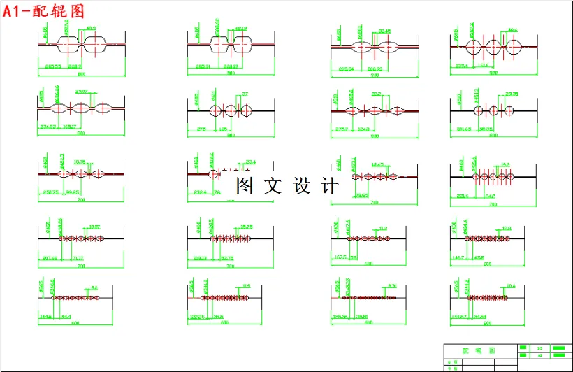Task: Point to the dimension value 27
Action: tap(245, 94)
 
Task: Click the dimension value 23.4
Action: tap(250, 162)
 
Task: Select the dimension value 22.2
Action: tap(376, 94)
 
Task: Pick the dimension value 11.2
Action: tap(383, 228)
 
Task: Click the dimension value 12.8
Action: tap(507, 228)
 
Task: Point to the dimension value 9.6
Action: tap(94, 287)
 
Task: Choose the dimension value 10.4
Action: tap(511, 286)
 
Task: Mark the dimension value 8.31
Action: tap(392, 286)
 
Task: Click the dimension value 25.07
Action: tap(82, 92)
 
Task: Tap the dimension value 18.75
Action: tap(80, 162)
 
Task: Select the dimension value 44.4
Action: tap(66, 317)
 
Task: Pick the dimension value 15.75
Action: tap(246, 227)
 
